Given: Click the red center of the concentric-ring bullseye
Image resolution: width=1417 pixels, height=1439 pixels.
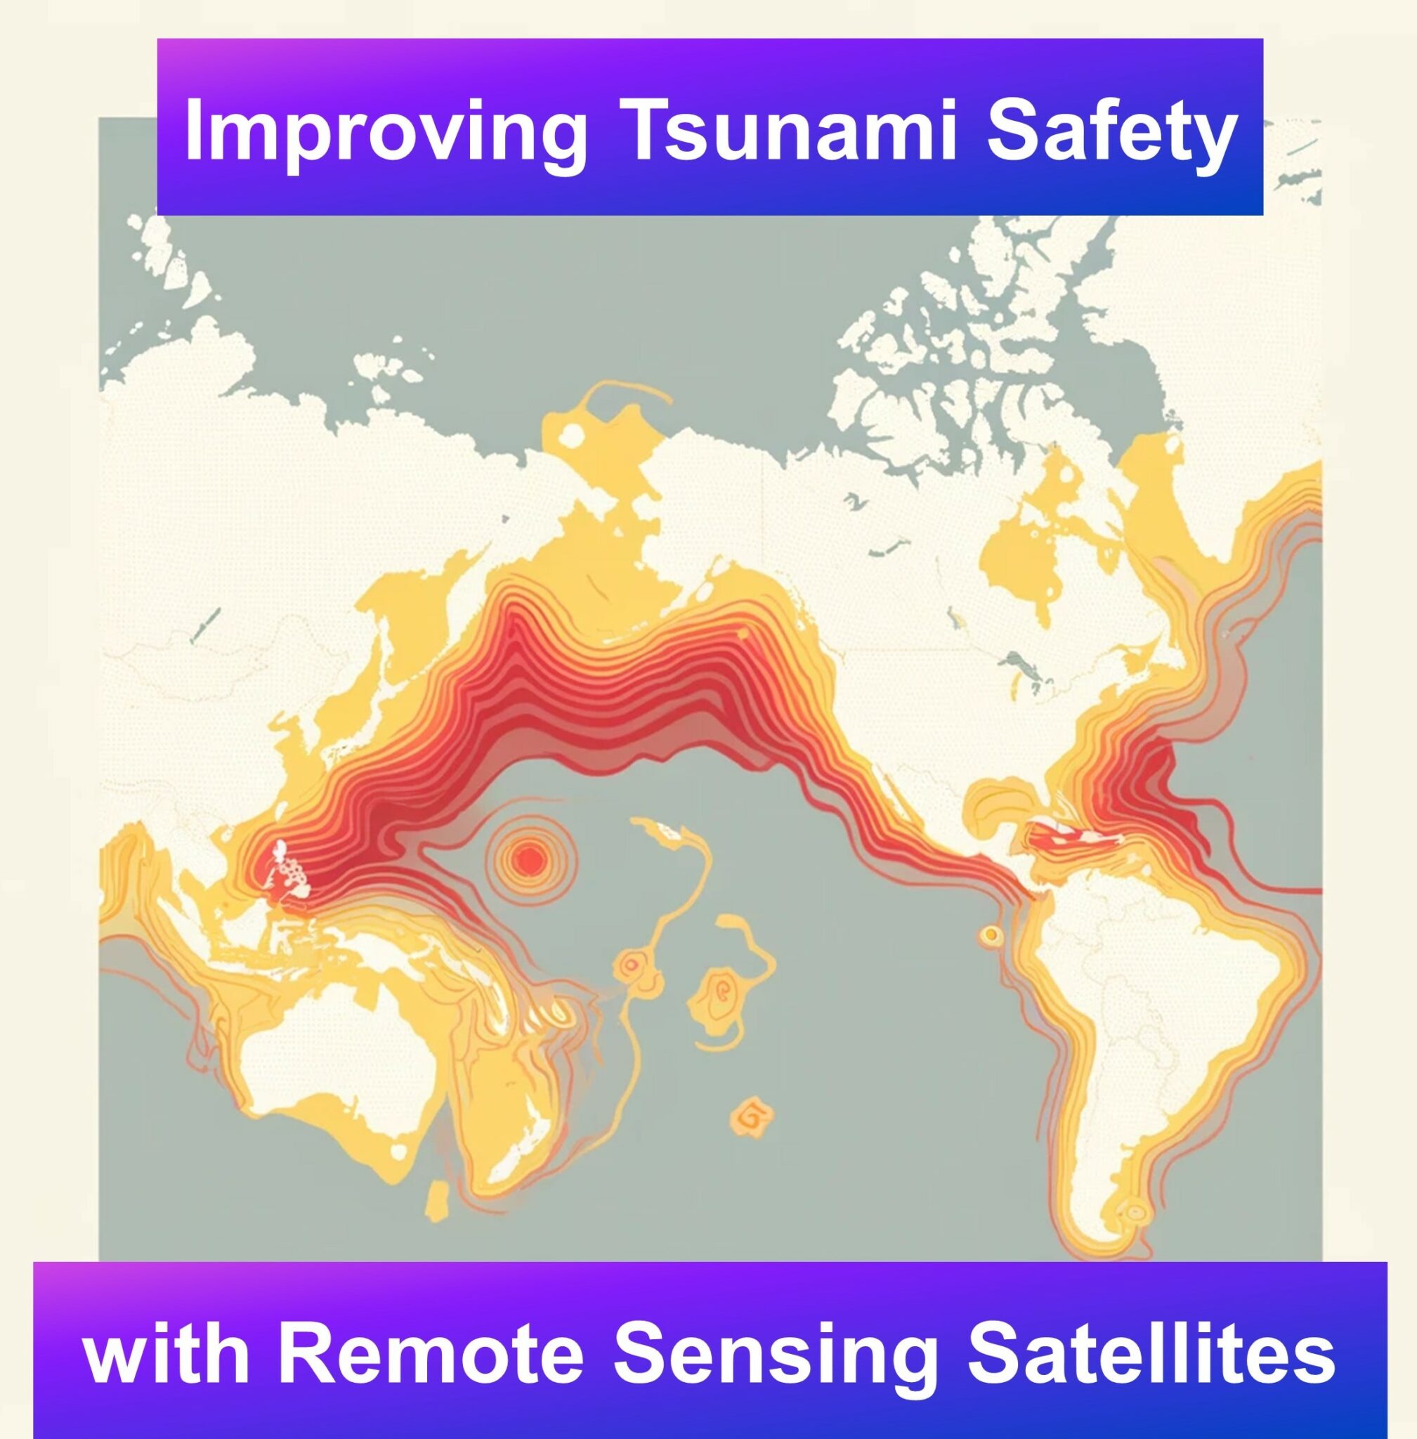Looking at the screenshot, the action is (530, 860).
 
